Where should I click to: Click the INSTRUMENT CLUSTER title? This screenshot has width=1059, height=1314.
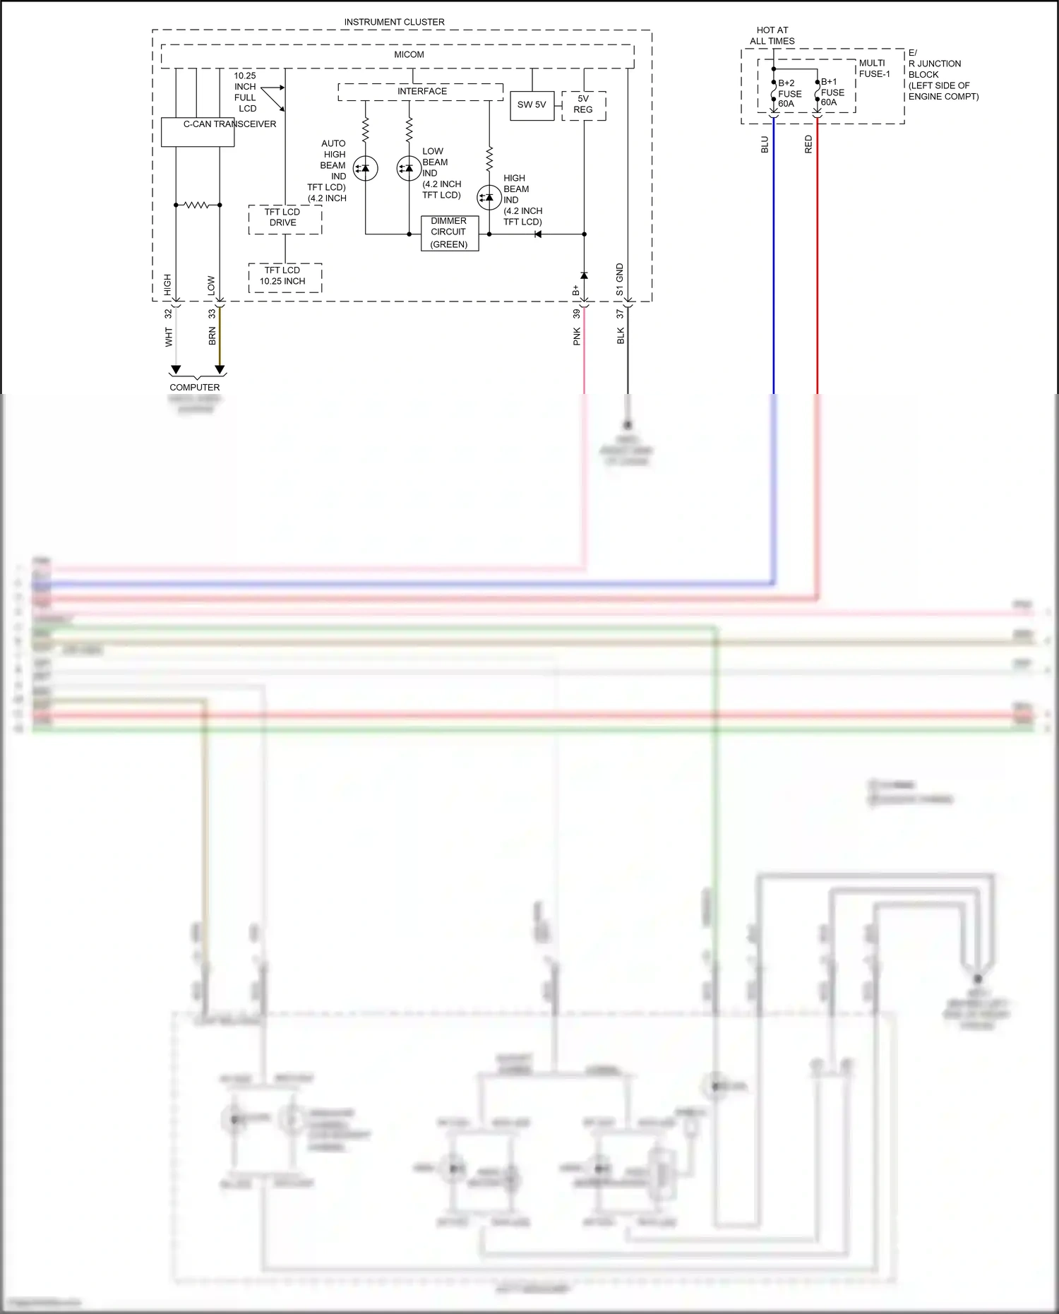point(394,22)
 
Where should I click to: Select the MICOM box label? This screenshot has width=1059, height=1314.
point(409,54)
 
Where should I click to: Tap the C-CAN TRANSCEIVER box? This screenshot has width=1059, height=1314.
point(198,132)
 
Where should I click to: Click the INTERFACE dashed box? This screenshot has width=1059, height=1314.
point(421,92)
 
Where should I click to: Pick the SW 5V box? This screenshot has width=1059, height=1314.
point(532,105)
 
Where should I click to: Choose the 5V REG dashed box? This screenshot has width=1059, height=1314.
point(583,105)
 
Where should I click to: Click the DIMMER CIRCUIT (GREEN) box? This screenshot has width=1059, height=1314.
point(449,233)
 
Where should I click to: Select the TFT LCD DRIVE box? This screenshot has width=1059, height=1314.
point(285,220)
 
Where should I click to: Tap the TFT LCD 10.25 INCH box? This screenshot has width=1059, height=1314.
point(285,277)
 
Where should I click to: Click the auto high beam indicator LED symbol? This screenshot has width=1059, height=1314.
point(365,168)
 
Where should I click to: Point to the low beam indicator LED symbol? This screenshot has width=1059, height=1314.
point(409,168)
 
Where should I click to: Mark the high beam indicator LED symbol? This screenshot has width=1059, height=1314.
point(489,198)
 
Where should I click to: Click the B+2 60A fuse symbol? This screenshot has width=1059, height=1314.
point(774,93)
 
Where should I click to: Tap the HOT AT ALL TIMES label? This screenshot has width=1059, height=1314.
point(772,35)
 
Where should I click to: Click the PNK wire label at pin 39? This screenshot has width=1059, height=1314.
point(577,336)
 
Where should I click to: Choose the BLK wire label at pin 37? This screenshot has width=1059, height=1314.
point(621,335)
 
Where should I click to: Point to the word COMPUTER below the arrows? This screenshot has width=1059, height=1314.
point(194,387)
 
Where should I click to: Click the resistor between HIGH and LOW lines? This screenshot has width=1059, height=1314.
point(197,205)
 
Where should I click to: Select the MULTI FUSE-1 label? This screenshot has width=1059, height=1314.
point(874,68)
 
